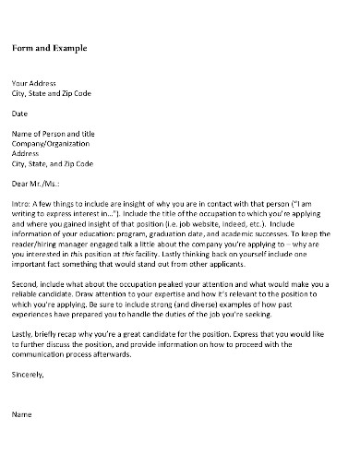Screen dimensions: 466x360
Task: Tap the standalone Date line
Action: (19, 114)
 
